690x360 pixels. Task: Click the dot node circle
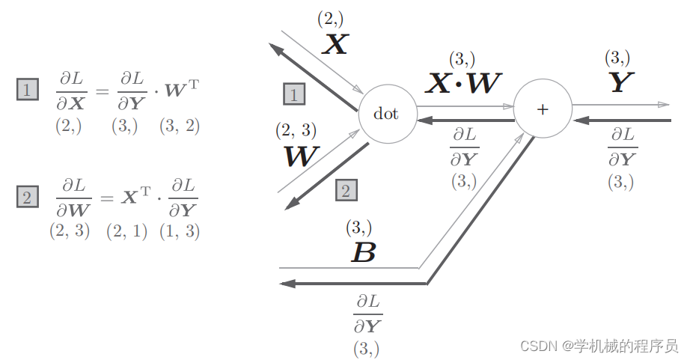tap(386, 114)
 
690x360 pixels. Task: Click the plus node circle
tap(543, 109)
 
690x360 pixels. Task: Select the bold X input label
tap(335, 46)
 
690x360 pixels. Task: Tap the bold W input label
tap(301, 156)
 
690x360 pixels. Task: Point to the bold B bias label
tap(363, 253)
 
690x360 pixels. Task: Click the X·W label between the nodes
tap(463, 83)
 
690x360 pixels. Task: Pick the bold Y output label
tap(618, 83)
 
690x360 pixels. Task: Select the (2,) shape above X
tap(330, 19)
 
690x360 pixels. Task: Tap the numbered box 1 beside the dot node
tap(294, 94)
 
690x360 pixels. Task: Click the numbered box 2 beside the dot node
tap(346, 190)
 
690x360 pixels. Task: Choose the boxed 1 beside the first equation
tap(27, 91)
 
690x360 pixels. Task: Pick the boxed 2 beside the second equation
tap(27, 198)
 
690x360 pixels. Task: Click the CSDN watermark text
tap(599, 346)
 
